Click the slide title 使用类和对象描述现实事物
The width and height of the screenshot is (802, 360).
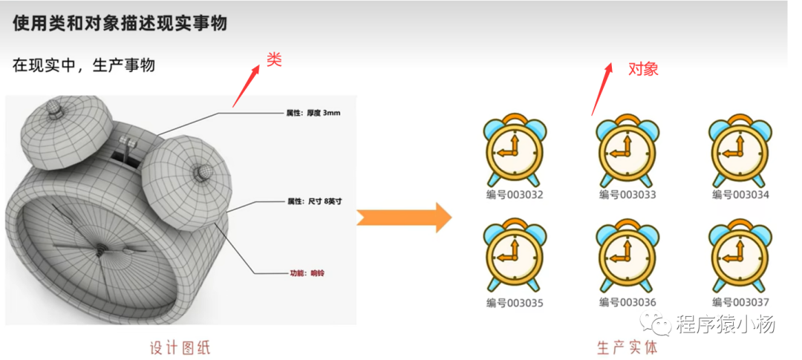pos(120,23)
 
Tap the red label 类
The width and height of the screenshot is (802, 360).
pos(274,60)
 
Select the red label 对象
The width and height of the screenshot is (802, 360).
pos(643,69)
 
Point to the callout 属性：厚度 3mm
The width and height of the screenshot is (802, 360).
pos(313,113)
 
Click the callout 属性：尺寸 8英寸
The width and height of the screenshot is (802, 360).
pos(314,201)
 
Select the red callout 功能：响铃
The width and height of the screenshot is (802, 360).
pos(307,273)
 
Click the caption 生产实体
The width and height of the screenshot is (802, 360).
pos(627,347)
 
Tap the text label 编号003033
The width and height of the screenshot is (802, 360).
pos(627,194)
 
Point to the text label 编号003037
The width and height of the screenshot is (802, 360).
pos(740,302)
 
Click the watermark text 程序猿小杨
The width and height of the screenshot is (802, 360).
pos(725,324)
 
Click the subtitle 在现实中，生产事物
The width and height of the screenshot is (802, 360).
pos(84,65)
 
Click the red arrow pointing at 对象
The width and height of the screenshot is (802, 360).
pos(602,88)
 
